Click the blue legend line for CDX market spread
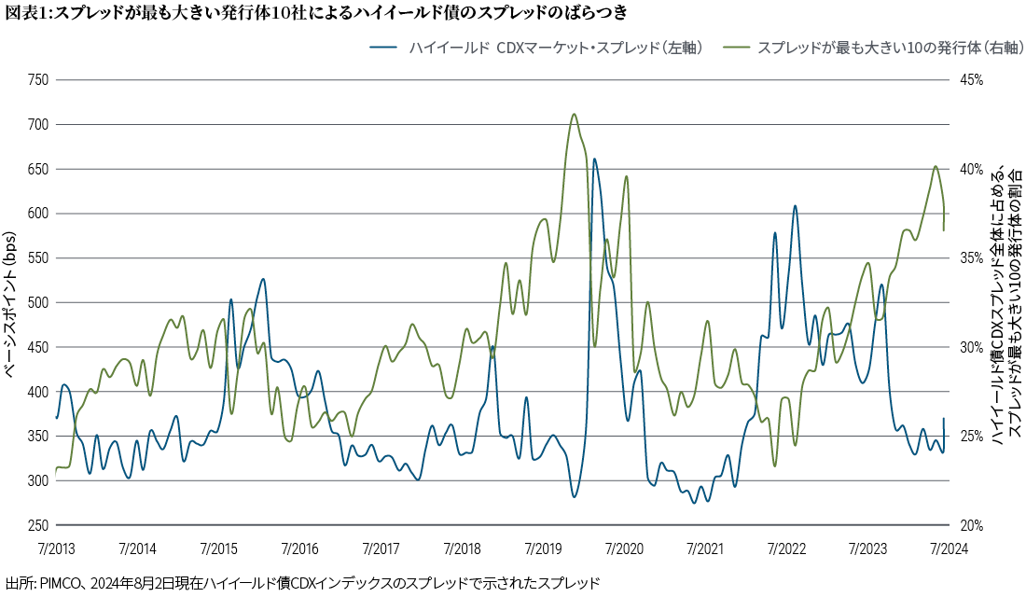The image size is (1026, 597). [x=384, y=46]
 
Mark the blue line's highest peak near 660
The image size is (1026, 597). [x=594, y=159]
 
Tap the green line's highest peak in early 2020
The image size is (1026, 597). [x=574, y=115]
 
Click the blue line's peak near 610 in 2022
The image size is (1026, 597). [x=795, y=206]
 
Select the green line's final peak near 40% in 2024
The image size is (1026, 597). [x=936, y=167]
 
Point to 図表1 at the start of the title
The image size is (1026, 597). [x=21, y=12]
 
